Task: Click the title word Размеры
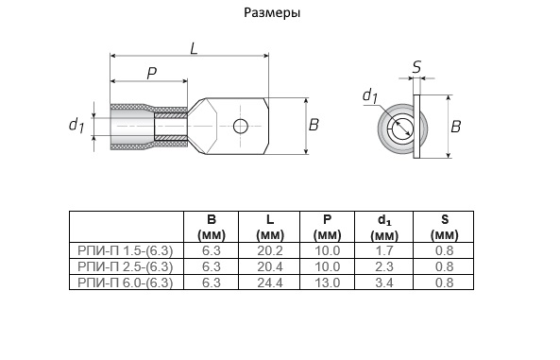point(272,13)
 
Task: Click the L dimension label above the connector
point(194,48)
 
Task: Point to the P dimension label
point(152,74)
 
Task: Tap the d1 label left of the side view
point(76,125)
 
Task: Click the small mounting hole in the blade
point(241,126)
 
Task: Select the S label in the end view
point(416,67)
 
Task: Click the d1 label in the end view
point(370,95)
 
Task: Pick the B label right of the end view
point(456,127)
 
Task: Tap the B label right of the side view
point(314,125)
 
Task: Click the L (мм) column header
point(270,228)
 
